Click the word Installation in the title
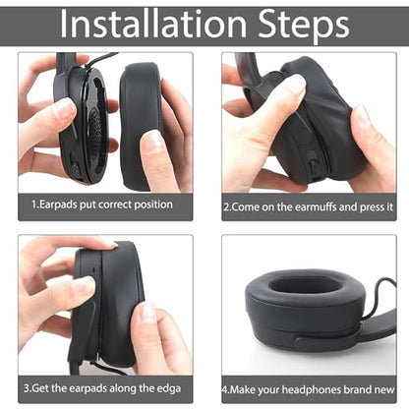153,24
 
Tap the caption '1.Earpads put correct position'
102,204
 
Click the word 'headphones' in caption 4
312,389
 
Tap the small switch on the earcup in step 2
314,166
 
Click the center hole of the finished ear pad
307,284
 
